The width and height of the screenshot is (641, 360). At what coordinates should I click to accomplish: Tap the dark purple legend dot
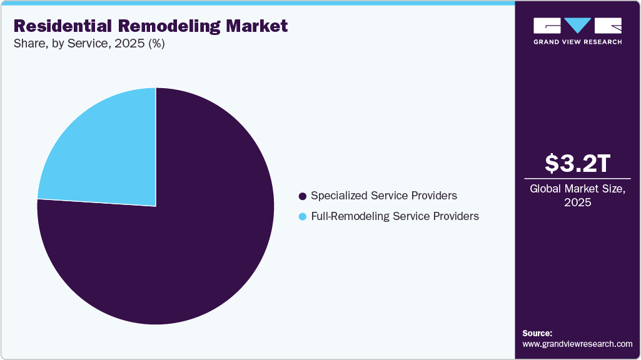303,196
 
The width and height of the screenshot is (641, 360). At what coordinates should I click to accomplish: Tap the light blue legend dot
303,217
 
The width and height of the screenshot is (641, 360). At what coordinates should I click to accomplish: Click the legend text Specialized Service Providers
383,196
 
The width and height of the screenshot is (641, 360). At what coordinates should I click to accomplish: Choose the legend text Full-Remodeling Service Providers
395,216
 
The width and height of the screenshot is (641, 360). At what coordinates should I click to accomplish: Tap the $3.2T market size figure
577,164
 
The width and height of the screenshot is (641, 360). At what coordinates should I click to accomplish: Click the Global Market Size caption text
577,189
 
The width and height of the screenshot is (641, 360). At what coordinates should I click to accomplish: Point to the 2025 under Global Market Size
577,202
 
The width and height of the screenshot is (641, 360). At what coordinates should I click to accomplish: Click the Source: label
537,333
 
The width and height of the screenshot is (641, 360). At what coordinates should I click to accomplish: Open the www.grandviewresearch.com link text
577,344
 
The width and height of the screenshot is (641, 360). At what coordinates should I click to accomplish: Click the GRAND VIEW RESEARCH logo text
577,42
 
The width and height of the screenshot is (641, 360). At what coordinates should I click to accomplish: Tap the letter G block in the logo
547,26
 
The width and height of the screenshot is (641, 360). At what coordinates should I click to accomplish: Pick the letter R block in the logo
608,26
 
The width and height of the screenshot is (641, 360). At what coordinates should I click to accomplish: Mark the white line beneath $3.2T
577,179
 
